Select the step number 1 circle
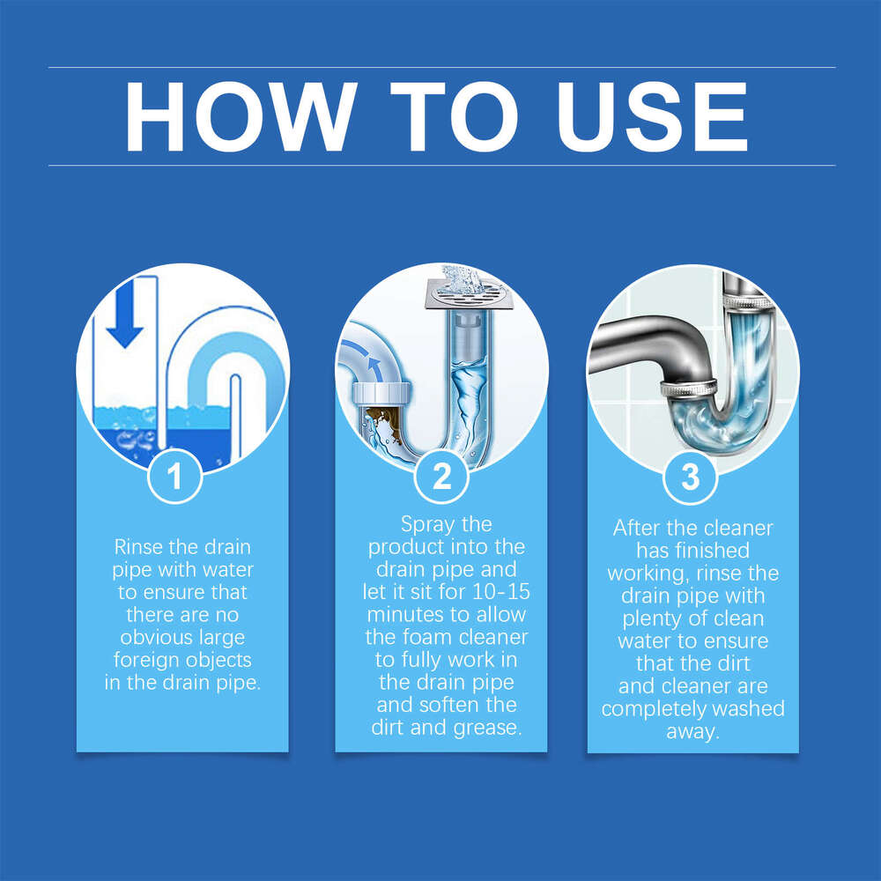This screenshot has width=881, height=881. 174,477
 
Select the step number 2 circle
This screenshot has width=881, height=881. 441,477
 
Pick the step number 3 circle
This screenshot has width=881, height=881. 692,477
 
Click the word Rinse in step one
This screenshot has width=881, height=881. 139,546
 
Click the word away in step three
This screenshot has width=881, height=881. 692,731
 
